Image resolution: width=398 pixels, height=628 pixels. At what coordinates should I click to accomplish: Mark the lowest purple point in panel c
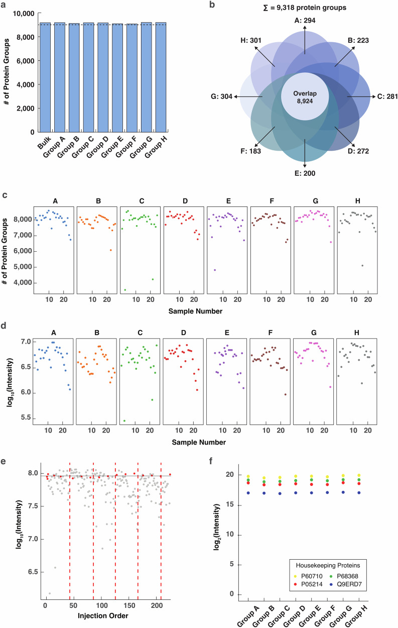point(215,270)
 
